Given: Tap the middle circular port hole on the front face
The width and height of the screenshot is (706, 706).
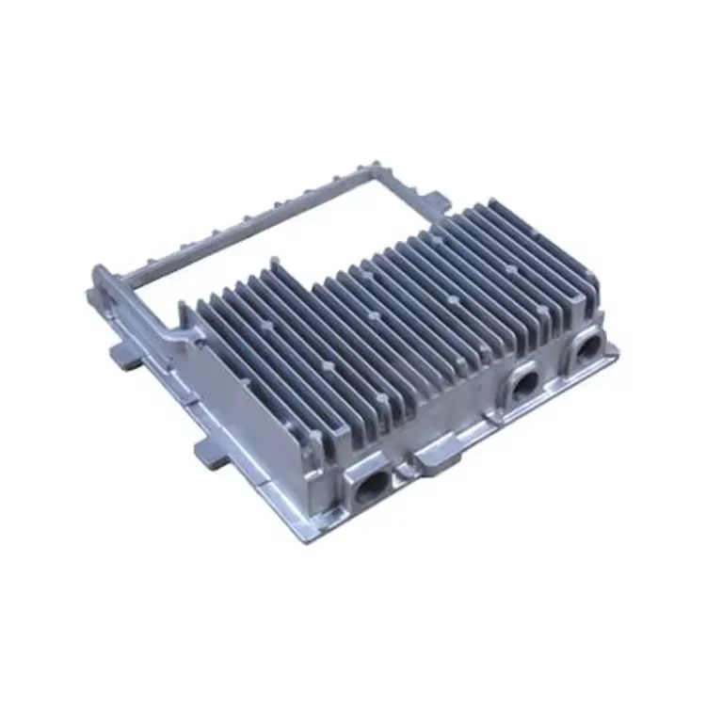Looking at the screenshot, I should pos(523,382).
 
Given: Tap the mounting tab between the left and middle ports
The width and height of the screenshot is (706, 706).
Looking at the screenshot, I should pos(435,457).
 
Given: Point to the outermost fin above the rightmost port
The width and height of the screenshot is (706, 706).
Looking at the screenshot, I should pos(588,292).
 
